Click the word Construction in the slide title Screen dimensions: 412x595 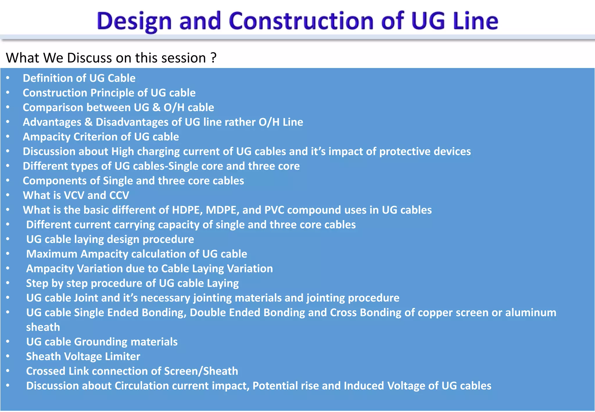pos(301,21)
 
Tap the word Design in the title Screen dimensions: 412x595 pos(134,22)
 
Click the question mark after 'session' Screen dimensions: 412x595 pos(214,58)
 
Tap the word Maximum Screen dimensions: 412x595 pos(52,254)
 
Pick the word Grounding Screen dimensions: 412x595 pos(101,342)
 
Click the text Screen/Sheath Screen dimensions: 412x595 pos(201,371)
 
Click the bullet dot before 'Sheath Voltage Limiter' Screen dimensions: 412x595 pos(8,356)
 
